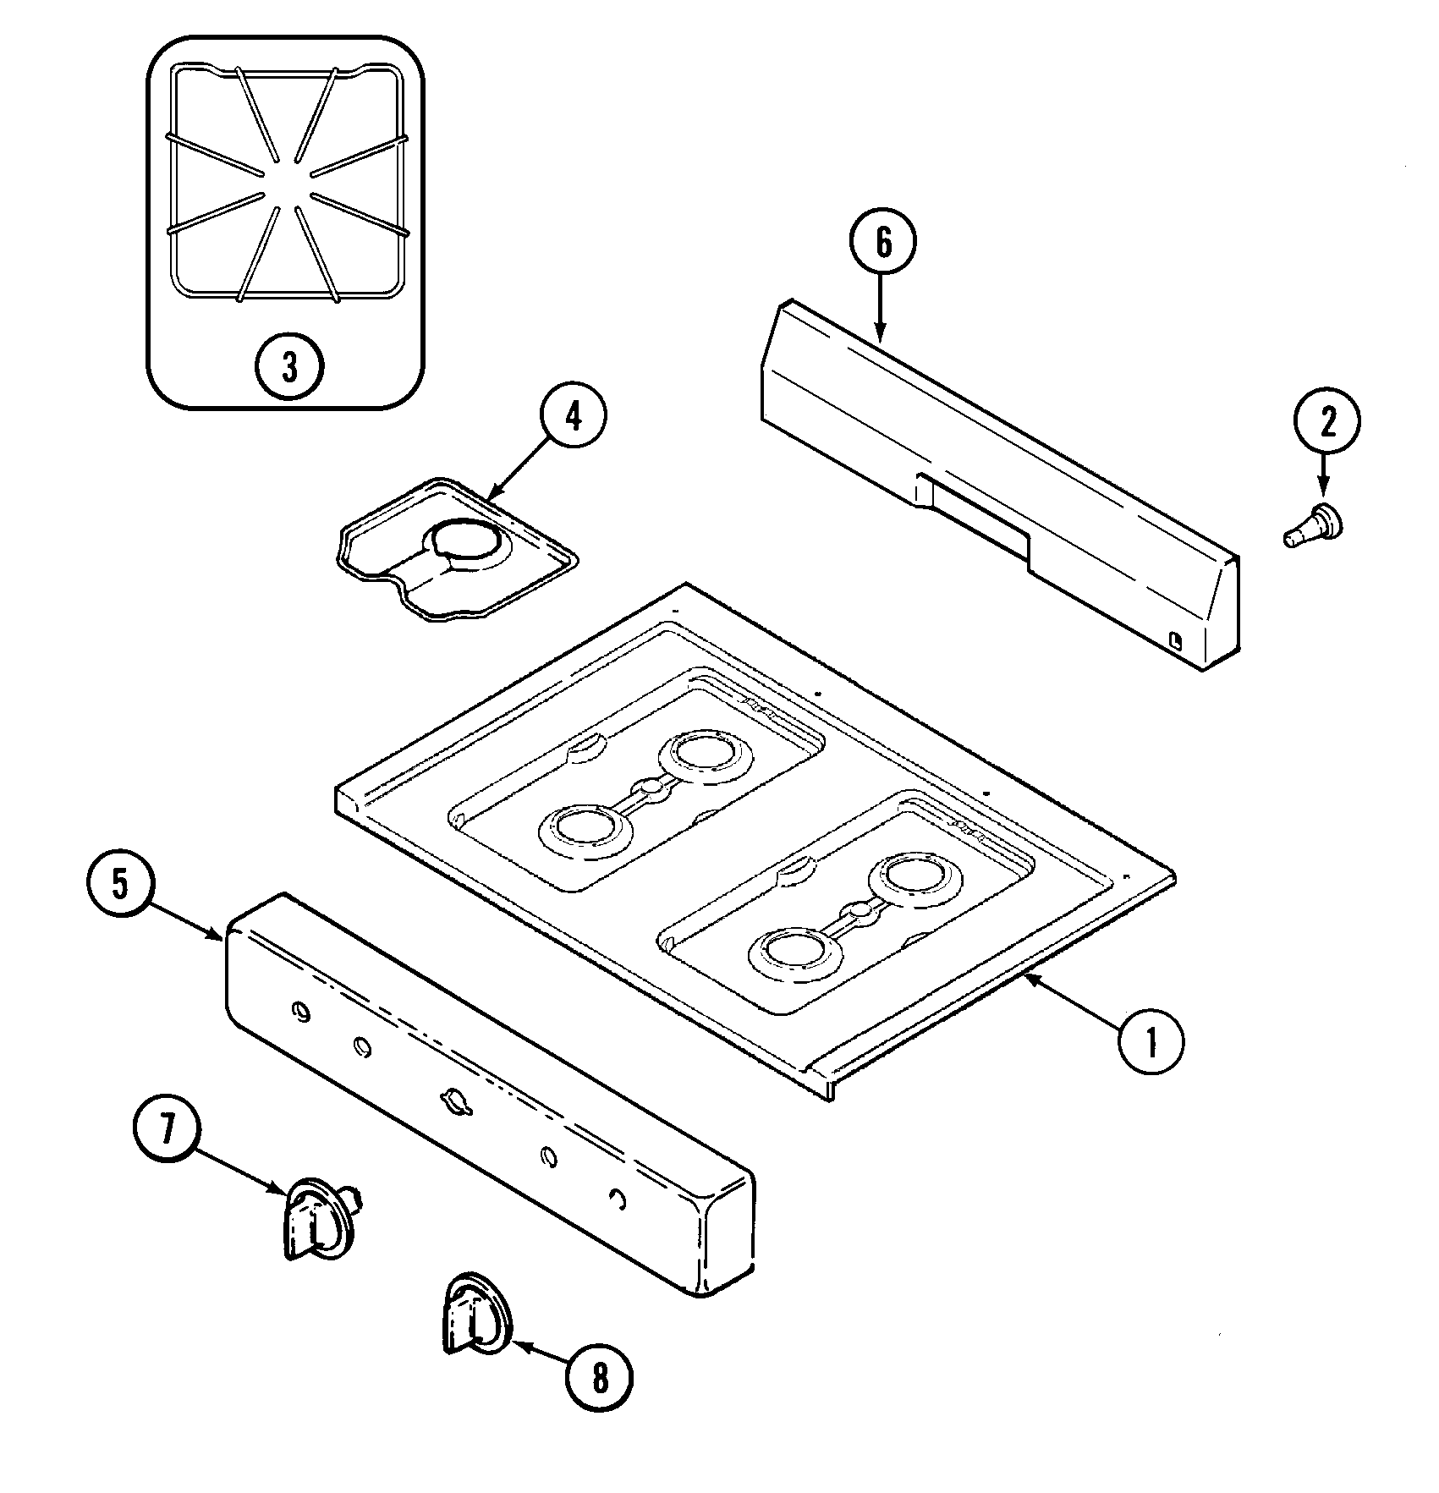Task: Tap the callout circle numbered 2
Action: pyautogui.click(x=1326, y=421)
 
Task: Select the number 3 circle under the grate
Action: pyautogui.click(x=289, y=367)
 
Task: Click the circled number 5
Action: pyautogui.click(x=119, y=883)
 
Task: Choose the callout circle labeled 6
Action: pyautogui.click(x=882, y=243)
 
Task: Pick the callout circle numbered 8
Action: pyautogui.click(x=599, y=1380)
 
